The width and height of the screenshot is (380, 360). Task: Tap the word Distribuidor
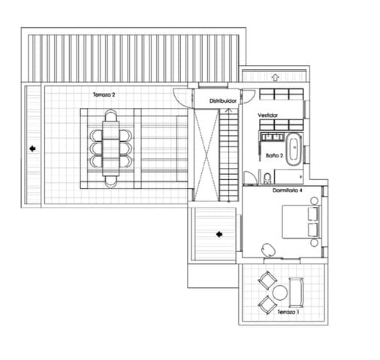[x=223, y=100]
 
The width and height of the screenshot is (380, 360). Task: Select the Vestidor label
[x=268, y=115]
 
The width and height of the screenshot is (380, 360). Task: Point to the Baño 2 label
[x=274, y=156]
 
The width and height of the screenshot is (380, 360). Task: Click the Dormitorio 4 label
[x=287, y=191]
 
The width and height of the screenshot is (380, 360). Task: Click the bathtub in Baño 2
[x=294, y=148]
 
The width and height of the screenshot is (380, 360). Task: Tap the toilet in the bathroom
[x=267, y=177]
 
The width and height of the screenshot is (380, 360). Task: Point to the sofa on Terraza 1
[x=296, y=292]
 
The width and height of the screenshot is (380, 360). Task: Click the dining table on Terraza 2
[x=111, y=148]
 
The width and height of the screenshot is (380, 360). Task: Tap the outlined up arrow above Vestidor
[x=276, y=76]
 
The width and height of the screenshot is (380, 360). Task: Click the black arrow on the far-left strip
[x=32, y=148]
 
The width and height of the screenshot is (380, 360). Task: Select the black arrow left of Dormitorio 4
[x=219, y=233]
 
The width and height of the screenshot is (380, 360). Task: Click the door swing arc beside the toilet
[x=249, y=177]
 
